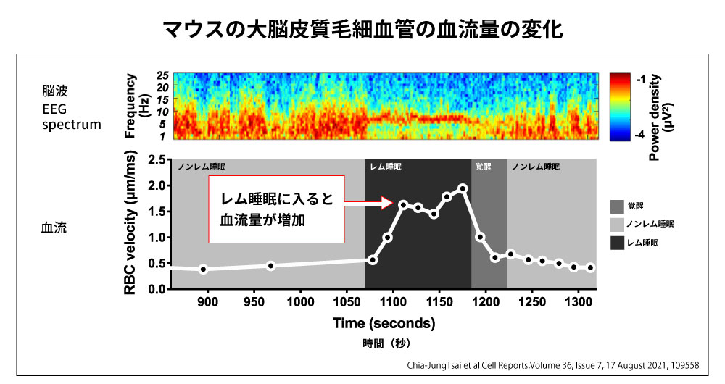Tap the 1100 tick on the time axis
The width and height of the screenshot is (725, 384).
point(392,299)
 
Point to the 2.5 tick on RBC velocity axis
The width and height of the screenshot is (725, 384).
point(156,159)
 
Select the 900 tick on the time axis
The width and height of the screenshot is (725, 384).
point(207,299)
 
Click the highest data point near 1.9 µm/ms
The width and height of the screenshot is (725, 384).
point(463,188)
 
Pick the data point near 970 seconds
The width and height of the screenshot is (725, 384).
point(271,266)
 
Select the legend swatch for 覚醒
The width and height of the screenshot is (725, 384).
point(618,206)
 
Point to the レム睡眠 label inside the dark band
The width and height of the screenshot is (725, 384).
point(386,167)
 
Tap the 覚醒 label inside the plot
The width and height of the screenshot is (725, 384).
point(483,167)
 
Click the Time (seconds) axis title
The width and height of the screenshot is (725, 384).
point(384,323)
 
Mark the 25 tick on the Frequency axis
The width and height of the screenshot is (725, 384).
point(162,76)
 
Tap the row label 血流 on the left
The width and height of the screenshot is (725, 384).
point(54,227)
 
